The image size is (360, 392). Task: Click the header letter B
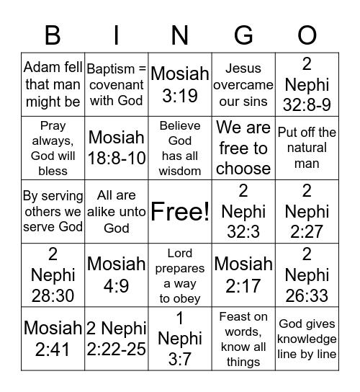tap(53, 35)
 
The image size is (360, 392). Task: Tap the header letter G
tap(243, 35)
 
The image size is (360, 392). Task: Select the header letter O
tap(307, 35)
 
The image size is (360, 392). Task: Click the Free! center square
tap(180, 212)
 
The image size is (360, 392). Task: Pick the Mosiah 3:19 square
tap(180, 85)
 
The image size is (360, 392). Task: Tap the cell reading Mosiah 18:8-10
tap(117, 148)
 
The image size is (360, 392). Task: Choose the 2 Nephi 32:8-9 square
tap(307, 85)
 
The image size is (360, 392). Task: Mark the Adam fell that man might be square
tap(53, 85)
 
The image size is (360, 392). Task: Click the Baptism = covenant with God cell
tap(117, 85)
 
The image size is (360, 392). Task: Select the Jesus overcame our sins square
tap(243, 85)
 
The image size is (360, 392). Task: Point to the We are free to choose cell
tap(243, 148)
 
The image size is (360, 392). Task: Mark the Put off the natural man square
tap(307, 148)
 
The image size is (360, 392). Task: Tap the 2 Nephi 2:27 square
tap(307, 212)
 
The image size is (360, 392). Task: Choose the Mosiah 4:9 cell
tap(117, 275)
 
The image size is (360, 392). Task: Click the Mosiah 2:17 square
tap(243, 275)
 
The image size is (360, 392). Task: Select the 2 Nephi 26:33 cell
tap(307, 275)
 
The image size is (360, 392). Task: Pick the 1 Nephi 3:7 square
tap(180, 339)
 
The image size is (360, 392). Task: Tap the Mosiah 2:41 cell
tap(53, 339)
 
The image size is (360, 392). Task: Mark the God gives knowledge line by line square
tap(307, 339)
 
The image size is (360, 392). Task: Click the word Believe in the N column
tap(180, 126)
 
